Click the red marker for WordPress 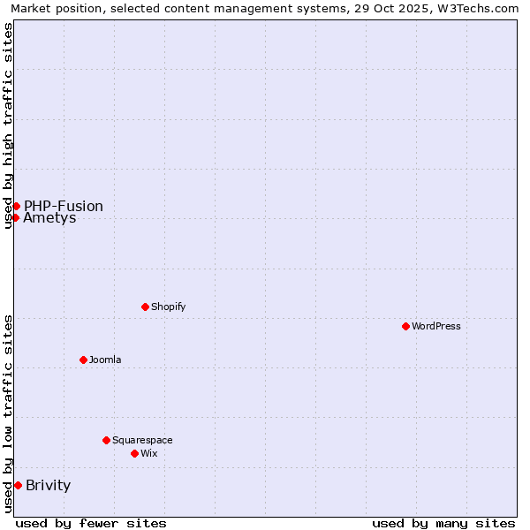[405, 326]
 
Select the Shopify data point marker [145, 307]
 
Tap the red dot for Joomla [83, 360]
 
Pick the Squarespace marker [106, 440]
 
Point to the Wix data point [134, 453]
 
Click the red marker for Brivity [18, 485]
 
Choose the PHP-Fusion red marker [16, 206]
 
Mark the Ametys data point [15, 217]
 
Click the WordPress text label [436, 326]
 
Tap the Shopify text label [169, 307]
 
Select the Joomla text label [105, 360]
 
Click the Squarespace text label [142, 440]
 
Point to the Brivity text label [49, 485]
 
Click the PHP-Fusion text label [64, 206]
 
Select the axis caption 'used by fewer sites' [91, 523]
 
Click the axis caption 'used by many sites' [443, 523]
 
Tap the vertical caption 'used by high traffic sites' [8, 125]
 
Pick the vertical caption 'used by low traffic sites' [8, 413]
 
